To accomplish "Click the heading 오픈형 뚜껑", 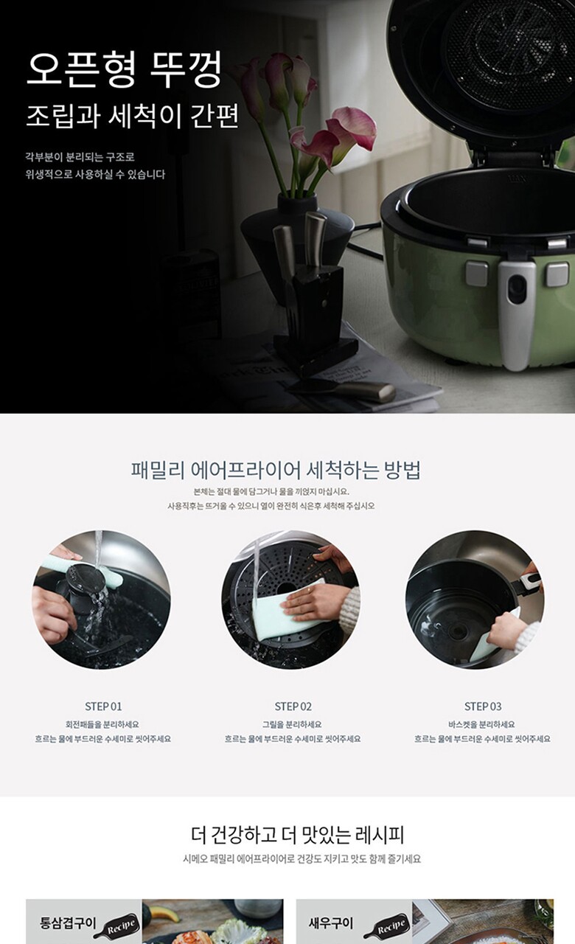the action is [x=123, y=70].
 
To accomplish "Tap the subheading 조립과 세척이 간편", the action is [x=133, y=116].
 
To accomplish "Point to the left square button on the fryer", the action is [x=477, y=273].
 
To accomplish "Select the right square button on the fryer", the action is [x=558, y=274].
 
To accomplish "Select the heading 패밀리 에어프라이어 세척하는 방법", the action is [x=276, y=470].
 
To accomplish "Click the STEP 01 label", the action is [x=103, y=707].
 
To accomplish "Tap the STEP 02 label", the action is [x=293, y=707].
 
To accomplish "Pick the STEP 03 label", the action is [x=483, y=707].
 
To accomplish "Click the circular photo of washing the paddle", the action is [x=101, y=600].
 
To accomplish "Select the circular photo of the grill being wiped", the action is [x=290, y=600].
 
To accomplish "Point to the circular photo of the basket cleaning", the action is [x=475, y=600].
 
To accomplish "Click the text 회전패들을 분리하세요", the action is [x=102, y=724].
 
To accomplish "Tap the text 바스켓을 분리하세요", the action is [x=481, y=724].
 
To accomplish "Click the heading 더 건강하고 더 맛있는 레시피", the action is [x=297, y=835].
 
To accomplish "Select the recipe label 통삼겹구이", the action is [x=68, y=923].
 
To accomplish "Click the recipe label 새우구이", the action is [x=331, y=923].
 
